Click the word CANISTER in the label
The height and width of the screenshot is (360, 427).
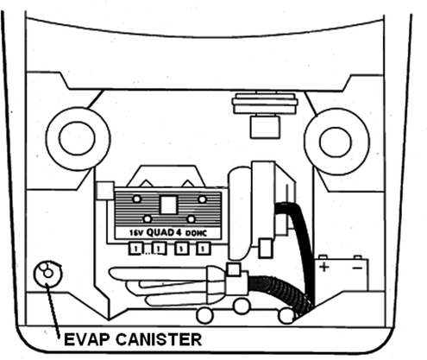click(159, 339)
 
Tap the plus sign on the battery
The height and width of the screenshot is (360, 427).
click(324, 268)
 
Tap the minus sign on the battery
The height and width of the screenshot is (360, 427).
click(357, 268)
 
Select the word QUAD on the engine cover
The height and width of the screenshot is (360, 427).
click(160, 232)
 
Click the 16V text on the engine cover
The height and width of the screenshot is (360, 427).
click(135, 233)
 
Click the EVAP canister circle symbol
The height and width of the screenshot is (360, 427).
click(47, 273)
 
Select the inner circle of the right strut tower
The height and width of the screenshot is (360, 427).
click(336, 142)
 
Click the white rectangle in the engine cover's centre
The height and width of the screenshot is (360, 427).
click(168, 205)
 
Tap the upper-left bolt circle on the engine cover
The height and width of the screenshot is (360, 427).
click(137, 199)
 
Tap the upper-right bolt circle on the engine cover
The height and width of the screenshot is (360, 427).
click(203, 199)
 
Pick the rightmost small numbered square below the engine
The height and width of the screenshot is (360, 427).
click(204, 249)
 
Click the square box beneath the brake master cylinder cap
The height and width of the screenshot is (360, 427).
click(265, 127)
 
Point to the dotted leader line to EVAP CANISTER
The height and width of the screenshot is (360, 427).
click(53, 310)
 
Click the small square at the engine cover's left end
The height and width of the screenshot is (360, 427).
click(105, 191)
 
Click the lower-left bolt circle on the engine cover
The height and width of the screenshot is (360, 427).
click(148, 219)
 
